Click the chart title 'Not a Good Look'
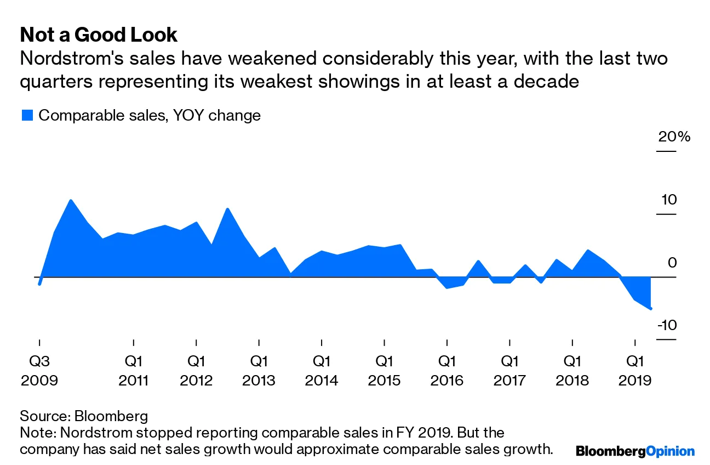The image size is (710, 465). [x=99, y=35]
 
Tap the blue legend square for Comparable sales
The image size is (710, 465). [x=27, y=115]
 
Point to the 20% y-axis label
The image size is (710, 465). [x=674, y=137]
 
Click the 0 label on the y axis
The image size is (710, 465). [x=672, y=263]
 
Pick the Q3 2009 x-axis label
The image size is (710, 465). [x=39, y=371]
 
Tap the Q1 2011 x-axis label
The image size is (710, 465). [x=134, y=371]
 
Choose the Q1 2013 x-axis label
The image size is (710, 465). [x=259, y=371]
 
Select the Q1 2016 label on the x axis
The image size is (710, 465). [x=447, y=371]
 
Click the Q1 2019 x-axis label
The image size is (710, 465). [x=635, y=371]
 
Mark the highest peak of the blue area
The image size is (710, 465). [x=71, y=200]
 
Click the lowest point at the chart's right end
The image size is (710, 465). [x=651, y=309]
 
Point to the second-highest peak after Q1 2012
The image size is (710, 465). [x=227, y=209]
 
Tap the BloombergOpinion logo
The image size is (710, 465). [x=635, y=451]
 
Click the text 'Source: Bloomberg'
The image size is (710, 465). [x=84, y=415]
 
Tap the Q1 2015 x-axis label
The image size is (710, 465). [x=384, y=371]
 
